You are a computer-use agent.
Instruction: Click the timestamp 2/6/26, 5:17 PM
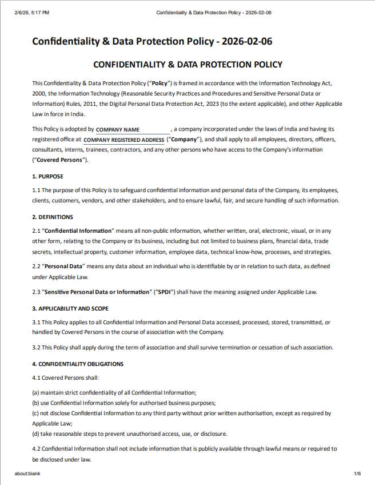[x=32, y=12]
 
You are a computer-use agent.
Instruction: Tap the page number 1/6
[x=357, y=474]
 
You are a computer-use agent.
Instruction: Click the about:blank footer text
[x=27, y=474]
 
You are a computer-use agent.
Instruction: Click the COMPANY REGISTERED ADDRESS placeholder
[x=123, y=140]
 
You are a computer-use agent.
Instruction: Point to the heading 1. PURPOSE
[x=48, y=176]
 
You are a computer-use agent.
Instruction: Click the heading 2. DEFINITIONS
[x=53, y=217]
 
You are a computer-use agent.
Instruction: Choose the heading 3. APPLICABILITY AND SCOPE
[x=70, y=308]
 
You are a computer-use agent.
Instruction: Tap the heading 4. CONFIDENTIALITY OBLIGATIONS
[x=78, y=364]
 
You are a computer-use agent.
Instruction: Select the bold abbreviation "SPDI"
[x=166, y=292]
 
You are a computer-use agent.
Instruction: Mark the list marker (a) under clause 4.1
[x=35, y=392]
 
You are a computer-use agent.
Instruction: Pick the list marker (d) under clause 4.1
[x=35, y=434]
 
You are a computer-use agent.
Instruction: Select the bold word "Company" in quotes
[x=183, y=140]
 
